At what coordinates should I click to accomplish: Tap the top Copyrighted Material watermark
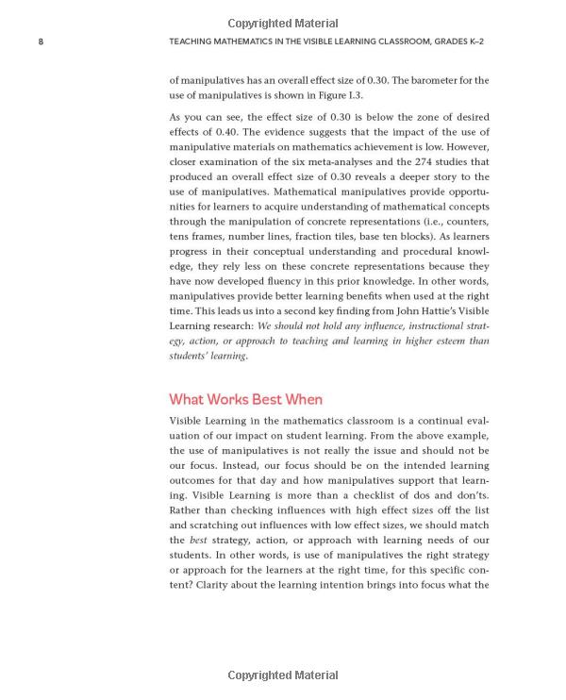tap(283, 24)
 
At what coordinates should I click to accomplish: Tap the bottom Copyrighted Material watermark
tap(283, 675)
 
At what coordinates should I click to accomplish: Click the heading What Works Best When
tap(245, 399)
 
